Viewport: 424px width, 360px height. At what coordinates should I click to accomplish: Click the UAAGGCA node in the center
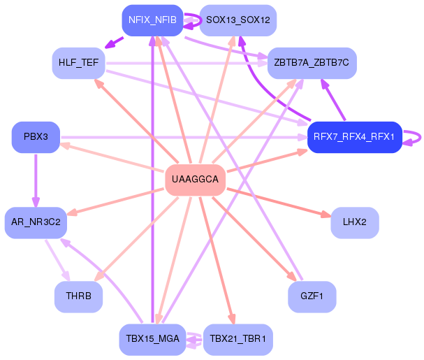click(195, 180)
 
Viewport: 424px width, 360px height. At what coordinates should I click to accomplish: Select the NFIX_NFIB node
click(152, 20)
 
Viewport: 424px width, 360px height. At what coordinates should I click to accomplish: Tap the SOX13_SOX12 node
click(237, 20)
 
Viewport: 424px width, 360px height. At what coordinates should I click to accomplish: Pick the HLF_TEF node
click(79, 63)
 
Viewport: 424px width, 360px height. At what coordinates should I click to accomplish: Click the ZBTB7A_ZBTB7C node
click(312, 63)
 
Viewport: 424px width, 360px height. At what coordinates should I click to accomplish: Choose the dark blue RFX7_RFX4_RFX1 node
click(354, 136)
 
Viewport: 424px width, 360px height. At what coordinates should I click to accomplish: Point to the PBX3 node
click(36, 136)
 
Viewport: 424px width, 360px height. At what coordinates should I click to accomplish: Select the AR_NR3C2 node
click(36, 222)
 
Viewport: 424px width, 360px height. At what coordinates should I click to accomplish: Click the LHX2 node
click(354, 222)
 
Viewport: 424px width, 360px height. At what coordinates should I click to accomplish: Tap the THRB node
click(79, 296)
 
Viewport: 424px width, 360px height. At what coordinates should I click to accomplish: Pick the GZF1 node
click(312, 296)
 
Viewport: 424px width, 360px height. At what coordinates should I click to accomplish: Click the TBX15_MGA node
click(152, 339)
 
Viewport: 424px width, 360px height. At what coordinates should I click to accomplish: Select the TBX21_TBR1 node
click(237, 339)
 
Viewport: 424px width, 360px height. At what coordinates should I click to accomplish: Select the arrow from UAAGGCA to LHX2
click(279, 201)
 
